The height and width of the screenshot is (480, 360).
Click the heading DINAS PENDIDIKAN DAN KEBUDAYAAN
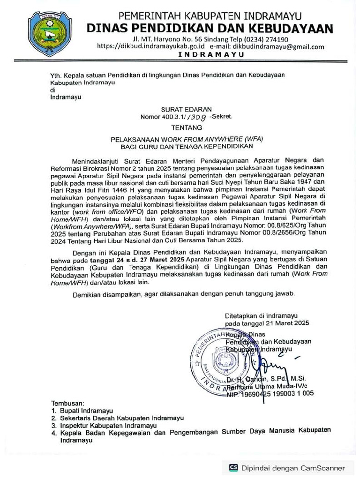210,28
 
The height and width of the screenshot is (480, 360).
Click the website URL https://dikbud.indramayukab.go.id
150,47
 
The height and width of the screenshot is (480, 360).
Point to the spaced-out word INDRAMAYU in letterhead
211,55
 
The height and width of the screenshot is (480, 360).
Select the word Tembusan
67,403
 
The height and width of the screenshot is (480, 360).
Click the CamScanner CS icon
233,468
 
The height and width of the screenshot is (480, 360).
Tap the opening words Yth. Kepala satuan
77,75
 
